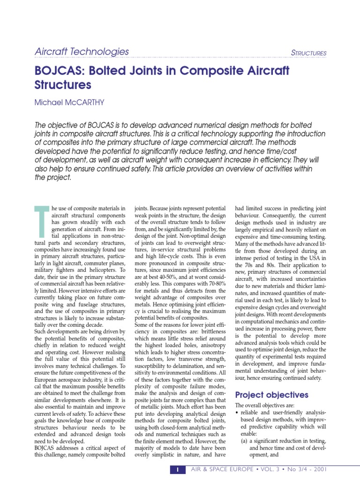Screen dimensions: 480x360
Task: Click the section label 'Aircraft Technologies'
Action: tap(82, 52)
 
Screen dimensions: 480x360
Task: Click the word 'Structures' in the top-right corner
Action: tap(308, 53)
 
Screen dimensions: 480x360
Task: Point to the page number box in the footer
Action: tap(178, 470)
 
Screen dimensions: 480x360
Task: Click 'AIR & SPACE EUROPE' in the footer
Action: tap(218, 470)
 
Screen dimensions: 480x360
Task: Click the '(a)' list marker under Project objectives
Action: tap(245, 441)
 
